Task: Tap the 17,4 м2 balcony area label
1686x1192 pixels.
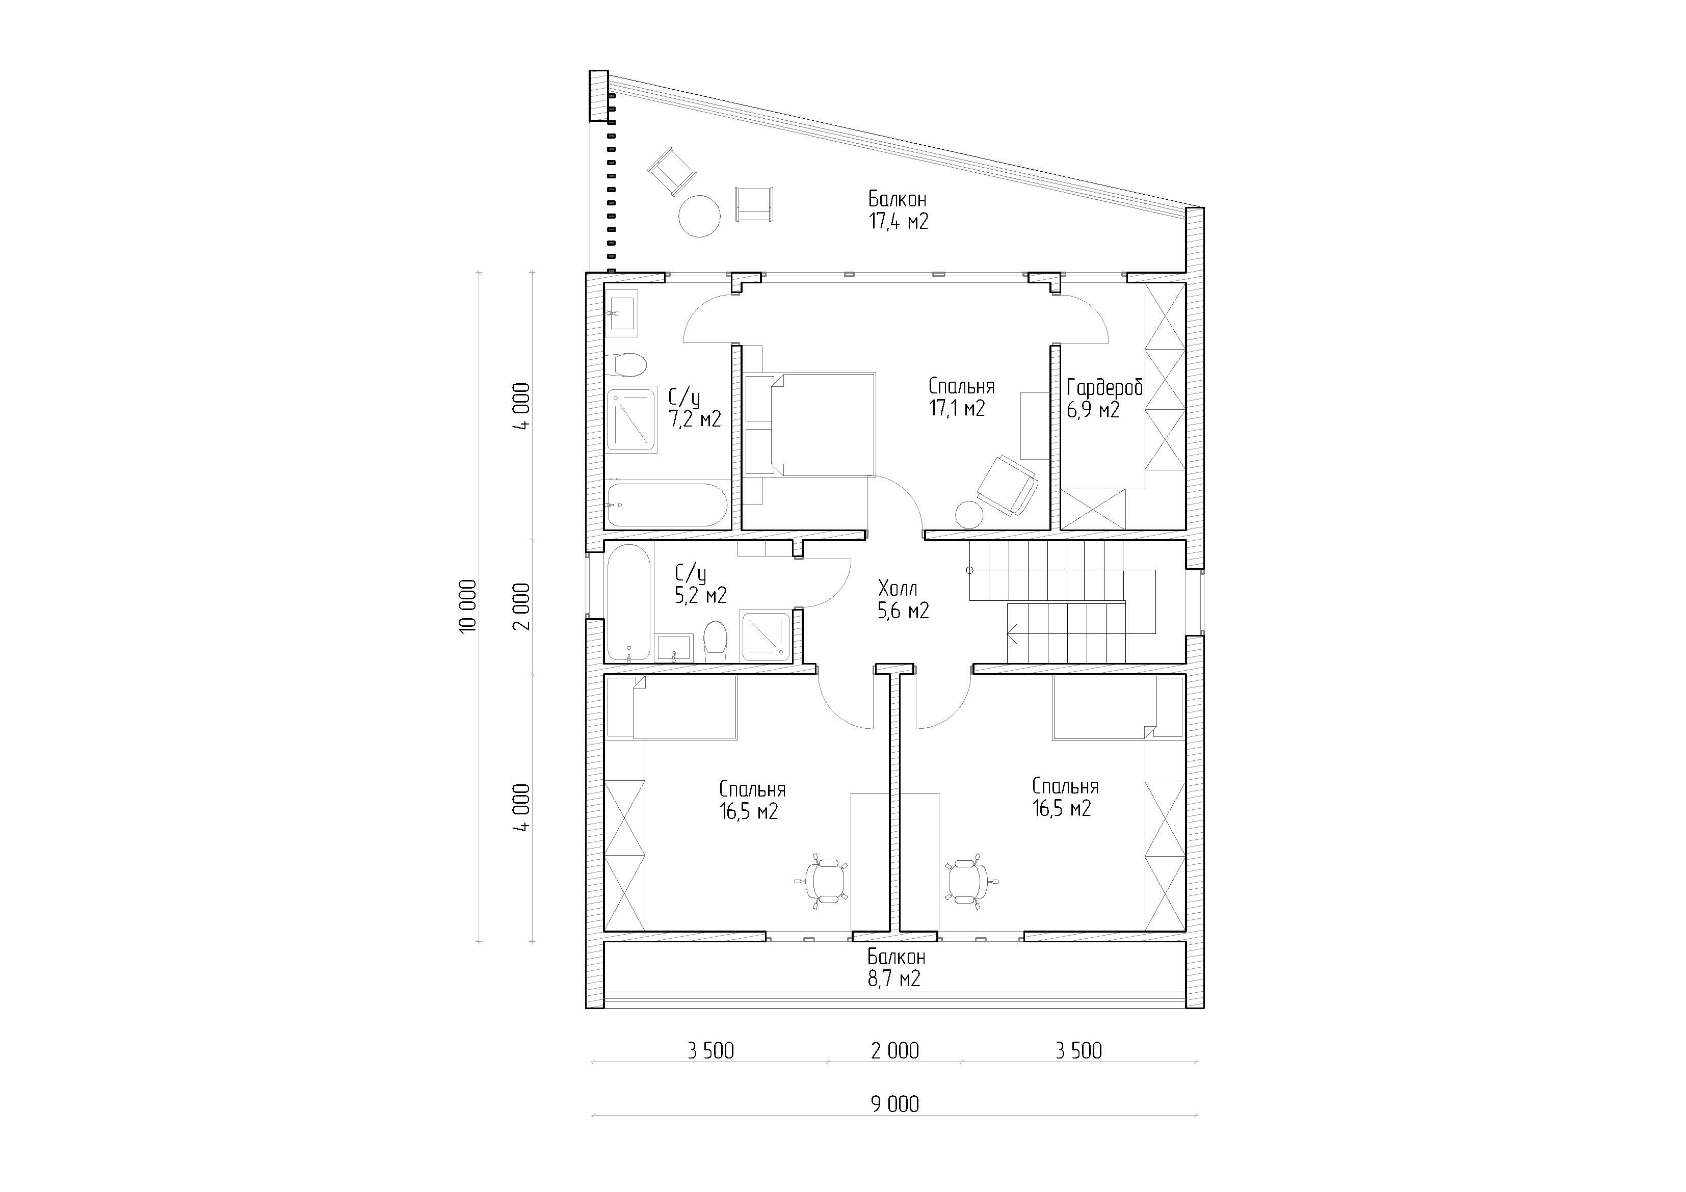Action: click(x=899, y=221)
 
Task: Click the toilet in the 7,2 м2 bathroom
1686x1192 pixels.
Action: click(x=628, y=364)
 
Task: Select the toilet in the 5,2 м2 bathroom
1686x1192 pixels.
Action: click(x=715, y=640)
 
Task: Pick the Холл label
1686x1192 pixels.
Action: click(x=898, y=588)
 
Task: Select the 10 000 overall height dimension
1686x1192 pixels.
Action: click(x=468, y=606)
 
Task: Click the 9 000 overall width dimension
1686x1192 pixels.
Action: click(x=895, y=1104)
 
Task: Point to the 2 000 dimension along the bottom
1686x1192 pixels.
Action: click(x=895, y=1051)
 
